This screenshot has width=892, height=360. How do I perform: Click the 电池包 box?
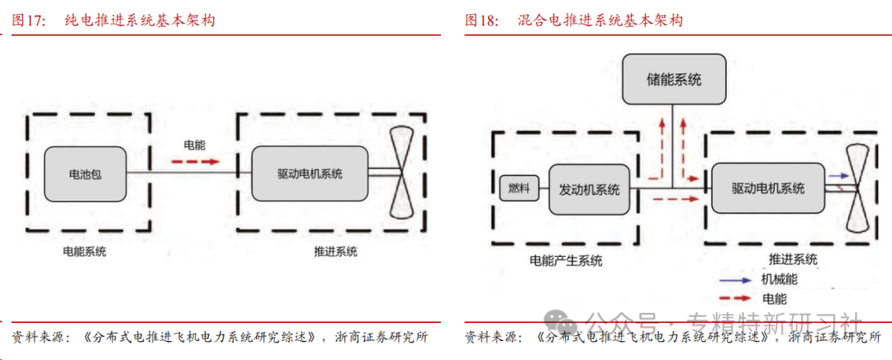(85, 174)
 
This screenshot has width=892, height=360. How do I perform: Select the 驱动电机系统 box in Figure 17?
(310, 173)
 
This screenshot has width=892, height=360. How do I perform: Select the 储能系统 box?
(673, 79)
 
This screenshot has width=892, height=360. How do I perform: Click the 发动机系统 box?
(589, 189)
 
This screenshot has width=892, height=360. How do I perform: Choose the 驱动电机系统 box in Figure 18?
(767, 188)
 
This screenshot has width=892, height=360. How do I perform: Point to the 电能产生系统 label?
(566, 261)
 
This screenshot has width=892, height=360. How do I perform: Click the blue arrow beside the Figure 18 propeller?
(839, 176)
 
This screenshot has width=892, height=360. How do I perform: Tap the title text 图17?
(30, 21)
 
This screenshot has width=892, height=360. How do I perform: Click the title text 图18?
(482, 21)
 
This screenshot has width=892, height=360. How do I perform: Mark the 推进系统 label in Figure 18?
(792, 259)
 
